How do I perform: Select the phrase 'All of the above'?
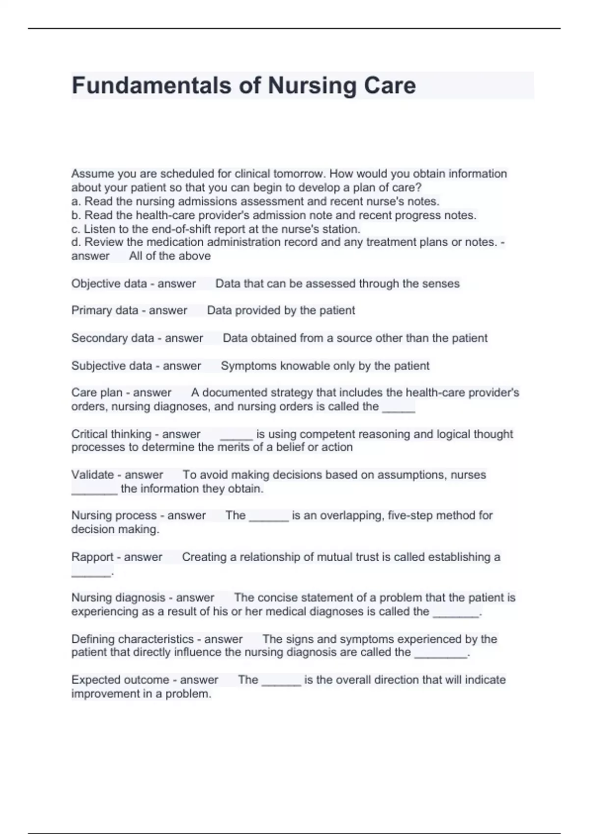click(170, 256)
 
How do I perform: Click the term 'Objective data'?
click(109, 284)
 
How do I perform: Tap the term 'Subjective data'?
click(111, 365)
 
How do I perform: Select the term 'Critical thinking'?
click(111, 434)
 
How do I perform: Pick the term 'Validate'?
click(93, 475)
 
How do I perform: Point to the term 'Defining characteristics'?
click(133, 639)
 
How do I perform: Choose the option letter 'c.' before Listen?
click(76, 229)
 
